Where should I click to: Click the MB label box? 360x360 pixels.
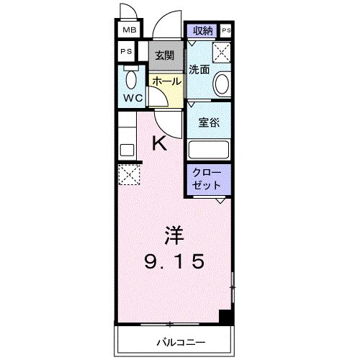[129, 30]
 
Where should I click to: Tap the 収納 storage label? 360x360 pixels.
[202, 30]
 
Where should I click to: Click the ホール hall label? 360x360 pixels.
[166, 81]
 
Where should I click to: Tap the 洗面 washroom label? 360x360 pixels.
[199, 69]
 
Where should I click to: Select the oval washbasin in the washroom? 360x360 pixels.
[222, 84]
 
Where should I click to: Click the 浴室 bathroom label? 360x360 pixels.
[209, 122]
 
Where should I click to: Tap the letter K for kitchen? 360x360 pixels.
[159, 144]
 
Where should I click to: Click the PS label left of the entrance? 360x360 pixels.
[125, 52]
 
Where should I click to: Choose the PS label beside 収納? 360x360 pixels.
[226, 30]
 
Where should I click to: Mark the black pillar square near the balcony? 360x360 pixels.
[226, 316]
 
